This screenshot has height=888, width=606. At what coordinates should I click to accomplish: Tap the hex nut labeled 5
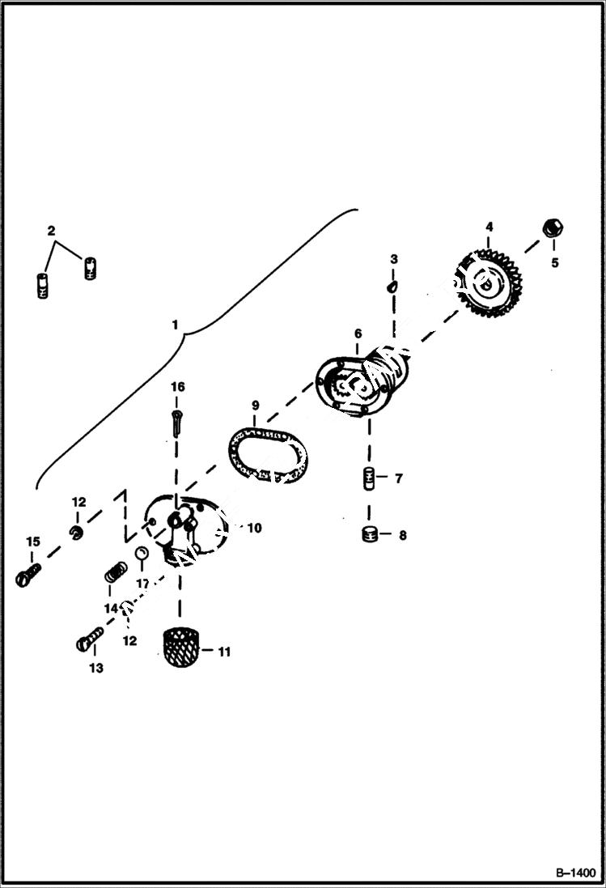(553, 228)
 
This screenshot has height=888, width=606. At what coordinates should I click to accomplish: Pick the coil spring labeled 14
(114, 576)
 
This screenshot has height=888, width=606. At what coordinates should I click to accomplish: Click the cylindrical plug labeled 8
(370, 534)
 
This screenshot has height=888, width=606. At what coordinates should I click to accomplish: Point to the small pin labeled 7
(369, 478)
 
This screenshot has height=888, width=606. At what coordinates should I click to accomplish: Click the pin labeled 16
(178, 422)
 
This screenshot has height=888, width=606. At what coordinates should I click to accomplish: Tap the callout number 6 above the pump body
(358, 334)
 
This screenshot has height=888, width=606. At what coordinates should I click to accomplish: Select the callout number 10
(254, 528)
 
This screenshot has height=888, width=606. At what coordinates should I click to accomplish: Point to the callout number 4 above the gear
(489, 227)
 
